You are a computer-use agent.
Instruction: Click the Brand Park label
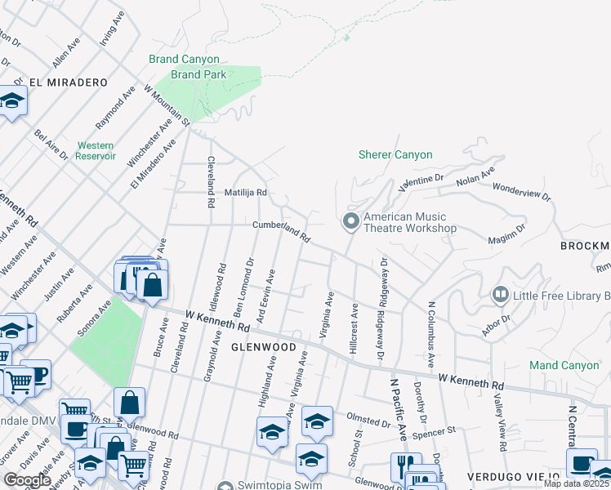pos(198,74)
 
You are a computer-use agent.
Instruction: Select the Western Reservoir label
pos(96,150)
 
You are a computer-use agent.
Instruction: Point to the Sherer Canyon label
pos(395,154)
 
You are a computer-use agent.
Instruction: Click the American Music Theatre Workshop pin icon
pos(351,221)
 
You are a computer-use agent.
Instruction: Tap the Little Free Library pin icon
pos(501,293)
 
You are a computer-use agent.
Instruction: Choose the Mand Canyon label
pos(564,364)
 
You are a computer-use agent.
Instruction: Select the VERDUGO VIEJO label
pos(513,476)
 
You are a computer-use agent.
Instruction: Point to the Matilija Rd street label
pos(246,193)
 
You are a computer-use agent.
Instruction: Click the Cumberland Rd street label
pos(282,231)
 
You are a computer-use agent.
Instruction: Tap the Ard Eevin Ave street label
pos(266,296)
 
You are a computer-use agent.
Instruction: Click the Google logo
pos(27,480)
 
